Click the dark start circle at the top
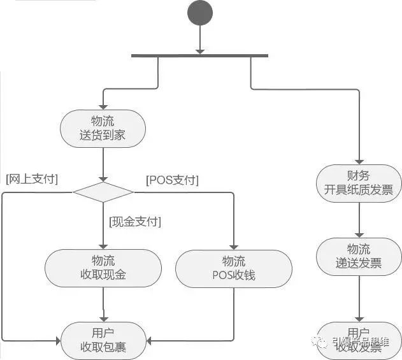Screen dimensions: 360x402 tap(199, 15)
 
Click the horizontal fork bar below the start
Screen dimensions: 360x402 tap(199, 56)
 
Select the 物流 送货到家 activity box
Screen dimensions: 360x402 tap(103, 128)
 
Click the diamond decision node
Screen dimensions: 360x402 tap(103, 192)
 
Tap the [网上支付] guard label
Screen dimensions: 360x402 tap(31, 180)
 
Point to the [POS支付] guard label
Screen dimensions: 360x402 tap(172, 180)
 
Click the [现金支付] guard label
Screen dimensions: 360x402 tap(134, 222)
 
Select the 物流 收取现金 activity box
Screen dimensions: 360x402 tap(103, 268)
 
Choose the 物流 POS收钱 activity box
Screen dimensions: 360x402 tap(234, 268)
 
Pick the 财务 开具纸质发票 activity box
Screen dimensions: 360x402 tap(360, 183)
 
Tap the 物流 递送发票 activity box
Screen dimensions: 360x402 tap(360, 256)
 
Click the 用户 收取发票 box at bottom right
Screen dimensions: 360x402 tap(360, 340)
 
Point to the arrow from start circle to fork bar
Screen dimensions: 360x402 tap(199, 41)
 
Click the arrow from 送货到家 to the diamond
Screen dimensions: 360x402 tap(103, 164)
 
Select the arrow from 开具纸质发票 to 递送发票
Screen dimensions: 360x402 tap(360, 220)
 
